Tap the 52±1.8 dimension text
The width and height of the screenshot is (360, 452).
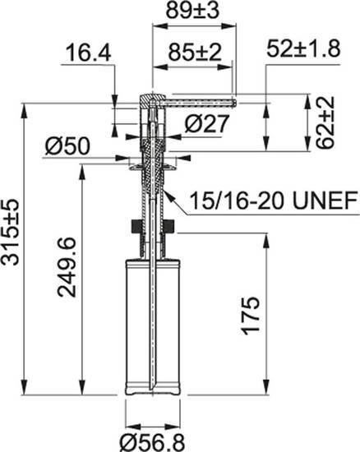pyautogui.click(x=303, y=49)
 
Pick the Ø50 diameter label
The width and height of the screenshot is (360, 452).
pyautogui.click(x=67, y=147)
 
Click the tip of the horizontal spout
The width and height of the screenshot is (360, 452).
pyautogui.click(x=235, y=102)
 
